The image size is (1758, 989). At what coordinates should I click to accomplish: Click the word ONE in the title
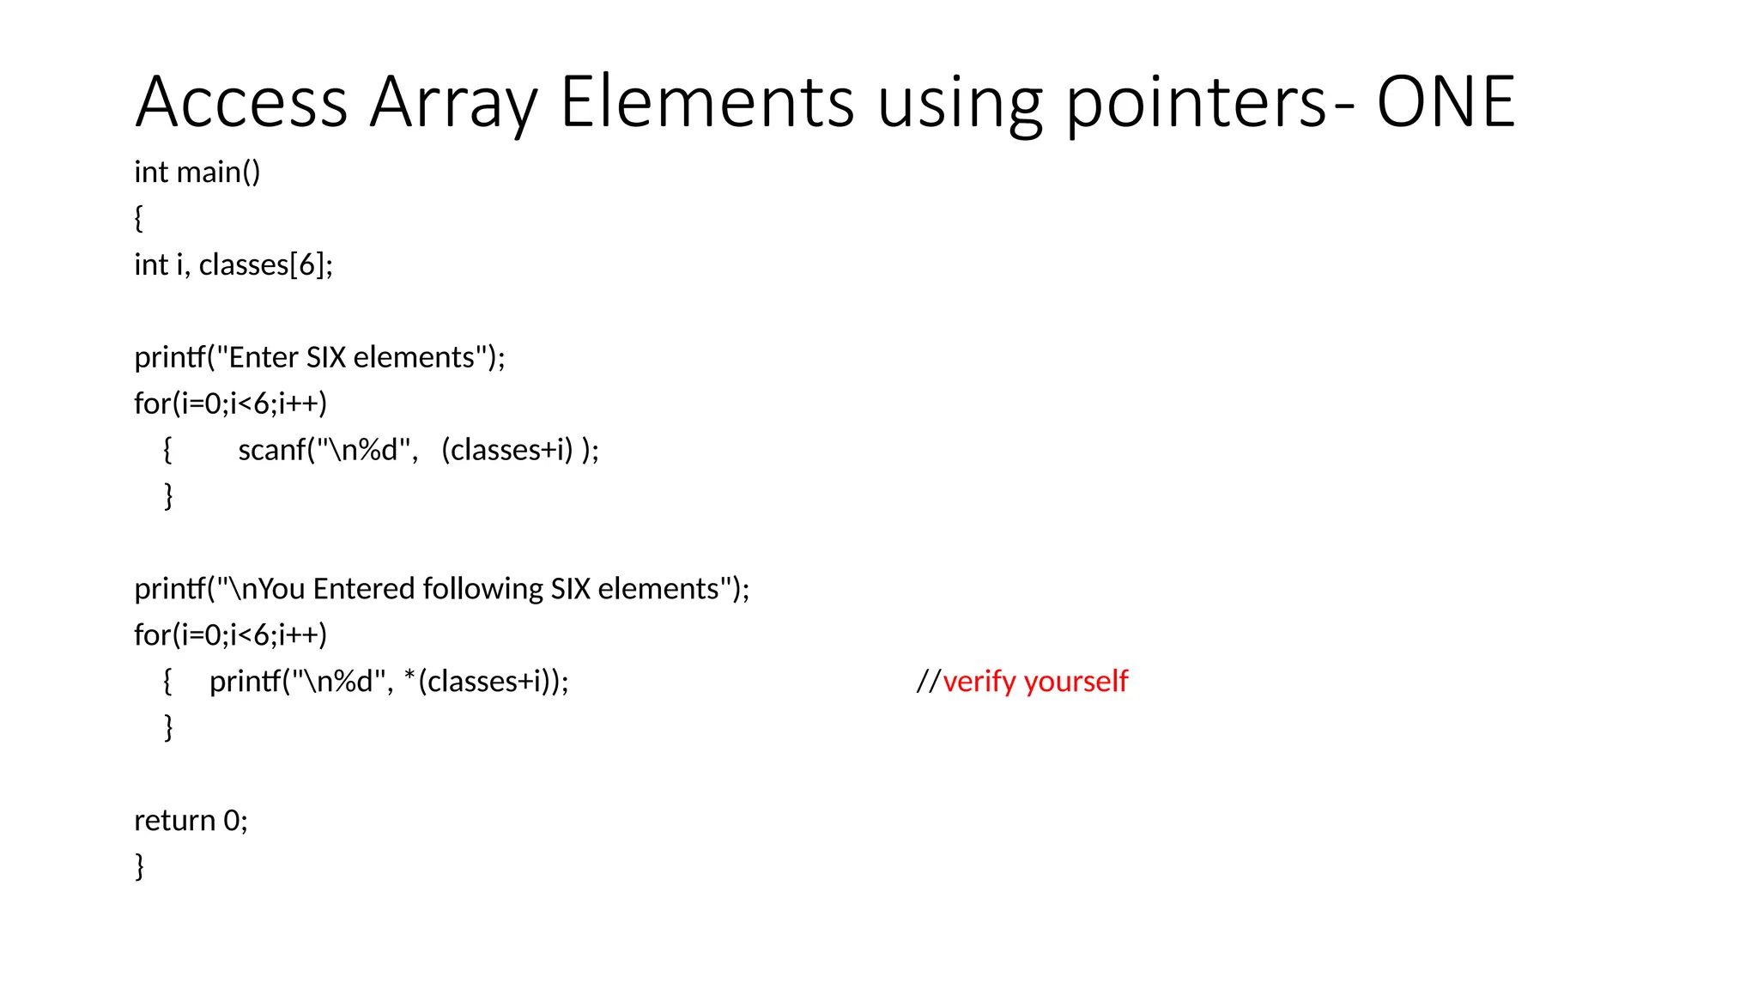tap(1446, 103)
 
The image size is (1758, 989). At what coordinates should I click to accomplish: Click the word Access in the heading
tap(241, 103)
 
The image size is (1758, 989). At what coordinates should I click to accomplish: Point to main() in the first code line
tap(218, 173)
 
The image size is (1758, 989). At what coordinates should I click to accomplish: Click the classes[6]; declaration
tap(266, 265)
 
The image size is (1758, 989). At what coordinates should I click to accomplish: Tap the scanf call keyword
tap(273, 450)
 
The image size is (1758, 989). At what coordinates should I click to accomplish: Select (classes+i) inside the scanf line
tap(506, 450)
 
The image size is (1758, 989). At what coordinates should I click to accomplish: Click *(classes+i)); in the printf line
tap(486, 682)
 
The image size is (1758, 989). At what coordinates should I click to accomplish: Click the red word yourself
tap(1076, 682)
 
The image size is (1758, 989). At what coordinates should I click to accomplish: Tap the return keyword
tap(174, 821)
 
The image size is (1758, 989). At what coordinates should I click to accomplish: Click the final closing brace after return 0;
tap(139, 866)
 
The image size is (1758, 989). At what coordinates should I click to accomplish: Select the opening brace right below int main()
tap(139, 218)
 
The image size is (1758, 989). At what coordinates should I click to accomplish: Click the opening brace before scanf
tap(167, 450)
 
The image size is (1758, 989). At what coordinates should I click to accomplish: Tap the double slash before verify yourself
tap(928, 682)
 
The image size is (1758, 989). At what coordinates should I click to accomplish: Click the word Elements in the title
tap(707, 103)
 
